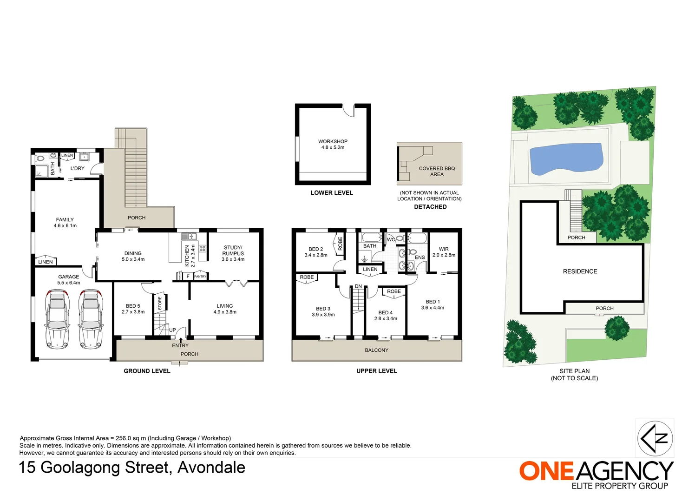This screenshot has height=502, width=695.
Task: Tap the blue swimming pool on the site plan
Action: [x=566, y=159]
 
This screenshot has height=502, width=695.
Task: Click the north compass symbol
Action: [x=655, y=438]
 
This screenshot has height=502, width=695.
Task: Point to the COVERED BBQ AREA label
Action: [x=437, y=172]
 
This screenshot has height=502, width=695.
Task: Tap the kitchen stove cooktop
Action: [x=203, y=248]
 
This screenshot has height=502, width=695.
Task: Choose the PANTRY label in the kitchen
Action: [x=200, y=277]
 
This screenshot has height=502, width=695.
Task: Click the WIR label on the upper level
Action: [x=444, y=249]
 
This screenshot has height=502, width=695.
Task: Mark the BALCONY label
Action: [x=376, y=350]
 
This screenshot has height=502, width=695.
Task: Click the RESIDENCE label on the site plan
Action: [x=580, y=271]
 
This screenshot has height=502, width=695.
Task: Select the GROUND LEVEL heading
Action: [x=147, y=371]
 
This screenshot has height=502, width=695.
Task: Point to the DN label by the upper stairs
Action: [x=358, y=286]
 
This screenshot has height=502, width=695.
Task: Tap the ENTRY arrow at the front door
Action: [x=181, y=341]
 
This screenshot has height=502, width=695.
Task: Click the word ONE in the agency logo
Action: [x=547, y=471]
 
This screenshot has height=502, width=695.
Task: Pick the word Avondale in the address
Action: [x=211, y=468]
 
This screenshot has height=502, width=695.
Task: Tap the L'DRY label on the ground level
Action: [x=78, y=168]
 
